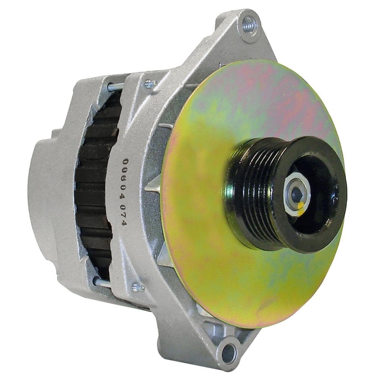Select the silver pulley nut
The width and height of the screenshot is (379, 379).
(296, 194)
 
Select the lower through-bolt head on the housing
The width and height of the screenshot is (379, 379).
(138, 287)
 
